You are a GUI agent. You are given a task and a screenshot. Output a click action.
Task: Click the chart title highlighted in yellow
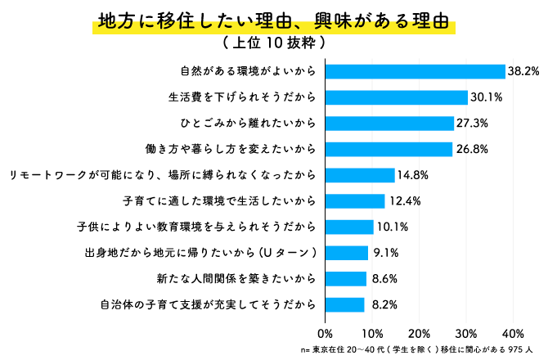tap(274, 20)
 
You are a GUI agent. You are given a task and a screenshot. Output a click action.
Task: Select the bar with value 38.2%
tap(415, 71)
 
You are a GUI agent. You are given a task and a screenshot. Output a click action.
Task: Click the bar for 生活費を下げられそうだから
tap(396, 97)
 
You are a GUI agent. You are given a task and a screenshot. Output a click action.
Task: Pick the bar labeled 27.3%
tap(389, 123)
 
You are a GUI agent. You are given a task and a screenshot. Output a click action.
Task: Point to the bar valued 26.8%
tap(389, 149)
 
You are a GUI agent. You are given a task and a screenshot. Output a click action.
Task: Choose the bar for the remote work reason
tap(360, 175)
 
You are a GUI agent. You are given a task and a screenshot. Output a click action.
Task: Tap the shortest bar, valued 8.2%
tap(344, 304)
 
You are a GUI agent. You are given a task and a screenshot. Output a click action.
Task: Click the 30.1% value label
tap(485, 97)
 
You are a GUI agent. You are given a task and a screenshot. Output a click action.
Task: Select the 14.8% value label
tap(413, 175)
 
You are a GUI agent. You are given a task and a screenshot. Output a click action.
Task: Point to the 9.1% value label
tap(385, 253)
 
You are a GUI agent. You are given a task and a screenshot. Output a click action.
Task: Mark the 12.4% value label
tap(402, 200)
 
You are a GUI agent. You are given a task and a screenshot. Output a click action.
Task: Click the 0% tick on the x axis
tap(325, 333)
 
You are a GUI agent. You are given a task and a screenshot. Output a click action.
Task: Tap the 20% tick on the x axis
tap(419, 333)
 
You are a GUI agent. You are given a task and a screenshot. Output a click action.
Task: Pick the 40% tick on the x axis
tap(513, 333)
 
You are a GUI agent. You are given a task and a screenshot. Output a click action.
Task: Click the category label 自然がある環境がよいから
tap(248, 71)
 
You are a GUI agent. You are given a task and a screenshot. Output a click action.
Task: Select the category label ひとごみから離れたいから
tap(248, 123)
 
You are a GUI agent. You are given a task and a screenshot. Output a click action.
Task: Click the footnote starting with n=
tap(416, 349)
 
